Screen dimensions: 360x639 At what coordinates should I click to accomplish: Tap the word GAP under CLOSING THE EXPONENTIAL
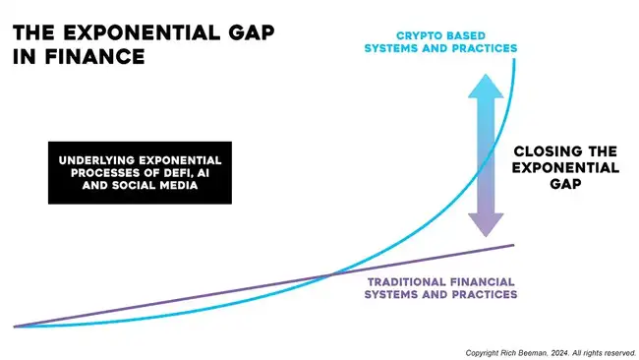click(x=566, y=184)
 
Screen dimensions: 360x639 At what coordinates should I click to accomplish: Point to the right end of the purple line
click(x=513, y=243)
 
